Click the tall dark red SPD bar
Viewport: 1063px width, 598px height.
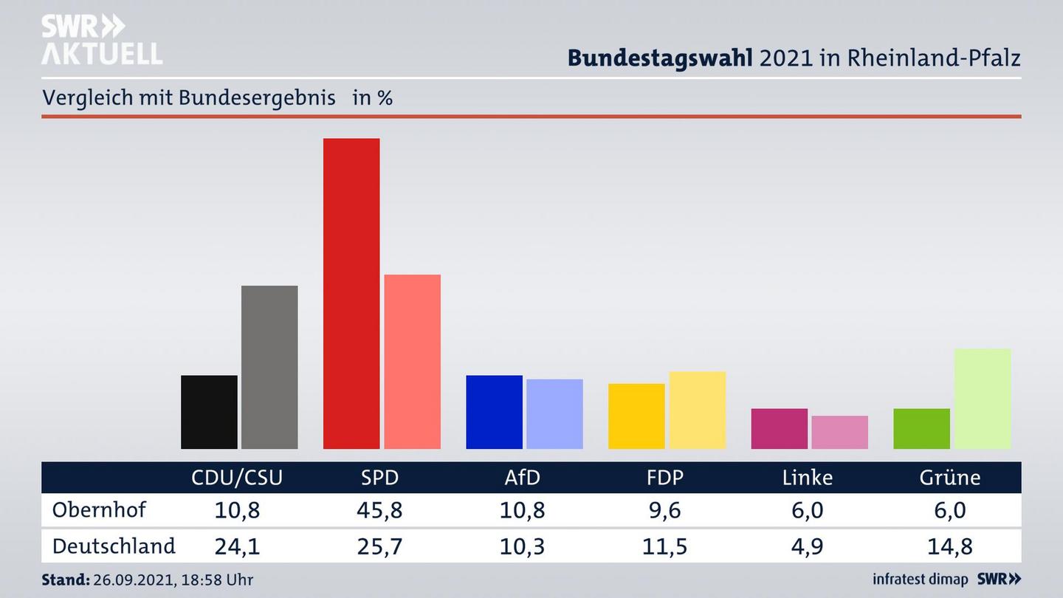[x=351, y=293]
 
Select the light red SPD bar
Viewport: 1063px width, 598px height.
[x=412, y=362]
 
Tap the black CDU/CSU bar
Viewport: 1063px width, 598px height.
[x=209, y=412]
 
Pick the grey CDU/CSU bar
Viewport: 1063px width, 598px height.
[x=269, y=367]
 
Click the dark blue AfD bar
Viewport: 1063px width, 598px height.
[x=494, y=412]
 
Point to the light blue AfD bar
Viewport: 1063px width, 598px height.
[x=554, y=413]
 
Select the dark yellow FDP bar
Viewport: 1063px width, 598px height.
[x=636, y=416]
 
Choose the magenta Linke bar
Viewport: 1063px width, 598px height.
[x=779, y=428]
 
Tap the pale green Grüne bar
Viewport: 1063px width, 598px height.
[x=982, y=399]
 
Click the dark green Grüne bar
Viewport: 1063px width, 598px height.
[x=921, y=428]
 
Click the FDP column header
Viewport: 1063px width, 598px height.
[x=664, y=478]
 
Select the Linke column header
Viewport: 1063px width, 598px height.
[x=807, y=478]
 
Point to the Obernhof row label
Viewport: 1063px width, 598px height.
[x=99, y=510]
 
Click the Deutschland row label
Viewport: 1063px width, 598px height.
[x=114, y=546]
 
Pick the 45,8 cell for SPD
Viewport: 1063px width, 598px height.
[x=379, y=511]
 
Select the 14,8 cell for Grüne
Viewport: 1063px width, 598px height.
[x=949, y=547]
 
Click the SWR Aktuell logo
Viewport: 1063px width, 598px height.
[x=102, y=40]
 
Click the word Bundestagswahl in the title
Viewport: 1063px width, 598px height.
[x=659, y=58]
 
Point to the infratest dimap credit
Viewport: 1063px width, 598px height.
[x=920, y=579]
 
